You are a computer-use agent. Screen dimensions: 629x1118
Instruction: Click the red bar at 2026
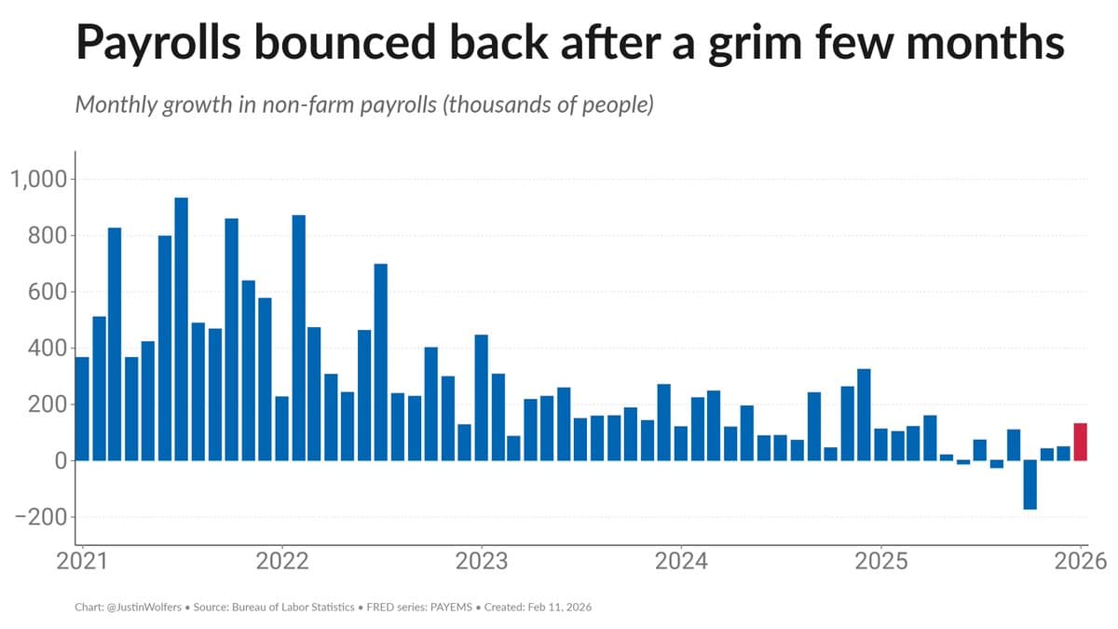coord(1081,442)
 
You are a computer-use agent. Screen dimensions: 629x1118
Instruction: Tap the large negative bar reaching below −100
coord(1030,485)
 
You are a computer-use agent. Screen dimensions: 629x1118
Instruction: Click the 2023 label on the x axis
coord(481,562)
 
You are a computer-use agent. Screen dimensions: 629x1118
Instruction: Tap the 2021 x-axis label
coord(82,562)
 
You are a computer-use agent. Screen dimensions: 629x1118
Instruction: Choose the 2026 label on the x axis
coord(1080,562)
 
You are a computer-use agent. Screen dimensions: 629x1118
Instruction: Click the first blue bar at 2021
coord(82,409)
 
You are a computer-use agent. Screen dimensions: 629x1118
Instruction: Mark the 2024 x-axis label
coord(681,562)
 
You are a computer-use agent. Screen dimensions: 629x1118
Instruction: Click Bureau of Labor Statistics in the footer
coord(302,607)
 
